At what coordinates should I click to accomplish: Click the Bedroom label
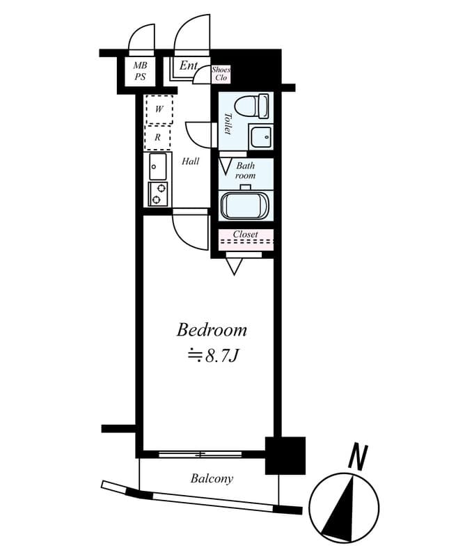212,329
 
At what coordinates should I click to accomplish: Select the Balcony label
212,479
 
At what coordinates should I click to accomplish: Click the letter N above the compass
358,458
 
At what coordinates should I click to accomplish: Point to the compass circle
344,508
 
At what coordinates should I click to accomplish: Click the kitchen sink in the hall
158,167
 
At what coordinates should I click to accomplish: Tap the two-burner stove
158,194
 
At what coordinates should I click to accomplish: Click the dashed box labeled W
159,109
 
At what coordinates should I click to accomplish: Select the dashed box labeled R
158,138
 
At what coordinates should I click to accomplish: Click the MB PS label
140,72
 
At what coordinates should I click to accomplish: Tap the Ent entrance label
188,66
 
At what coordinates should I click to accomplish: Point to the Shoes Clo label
221,74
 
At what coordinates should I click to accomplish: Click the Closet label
245,234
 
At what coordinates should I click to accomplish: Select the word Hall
191,162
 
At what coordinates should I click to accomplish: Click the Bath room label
246,171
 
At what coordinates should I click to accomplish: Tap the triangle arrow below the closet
234,266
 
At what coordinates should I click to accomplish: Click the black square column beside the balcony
286,455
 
